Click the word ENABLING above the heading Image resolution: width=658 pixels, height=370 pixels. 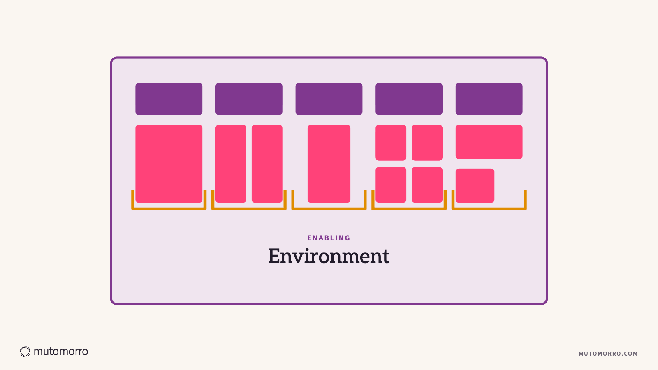tap(329, 238)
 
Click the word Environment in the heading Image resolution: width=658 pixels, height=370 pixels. tap(329, 257)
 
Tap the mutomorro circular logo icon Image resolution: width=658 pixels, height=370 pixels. tap(25, 351)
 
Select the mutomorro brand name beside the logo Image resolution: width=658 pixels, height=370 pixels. tap(61, 351)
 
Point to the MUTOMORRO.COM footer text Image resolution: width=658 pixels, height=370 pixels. tap(608, 354)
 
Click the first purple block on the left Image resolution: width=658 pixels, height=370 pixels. tap(169, 99)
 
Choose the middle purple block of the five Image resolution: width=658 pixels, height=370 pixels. tap(329, 99)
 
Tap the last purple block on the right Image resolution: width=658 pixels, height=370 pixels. tap(489, 99)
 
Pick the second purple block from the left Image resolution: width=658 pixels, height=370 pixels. tap(249, 99)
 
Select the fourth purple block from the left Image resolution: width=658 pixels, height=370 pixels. tap(409, 99)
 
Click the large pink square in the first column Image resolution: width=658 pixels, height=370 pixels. tap(169, 164)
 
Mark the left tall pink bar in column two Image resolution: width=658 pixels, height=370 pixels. tap(231, 164)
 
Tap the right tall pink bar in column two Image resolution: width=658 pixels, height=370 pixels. tap(267, 164)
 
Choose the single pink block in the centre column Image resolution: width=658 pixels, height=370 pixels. tap(329, 164)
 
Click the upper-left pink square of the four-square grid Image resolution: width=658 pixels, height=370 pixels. tap(391, 143)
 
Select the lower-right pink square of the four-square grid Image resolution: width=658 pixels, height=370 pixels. tap(427, 185)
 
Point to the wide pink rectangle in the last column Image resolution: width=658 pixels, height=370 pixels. tap(489, 142)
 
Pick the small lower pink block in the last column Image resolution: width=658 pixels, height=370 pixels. tap(475, 185)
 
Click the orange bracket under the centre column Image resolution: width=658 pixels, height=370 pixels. tap(329, 209)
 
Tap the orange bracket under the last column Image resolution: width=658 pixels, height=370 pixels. tap(489, 209)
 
